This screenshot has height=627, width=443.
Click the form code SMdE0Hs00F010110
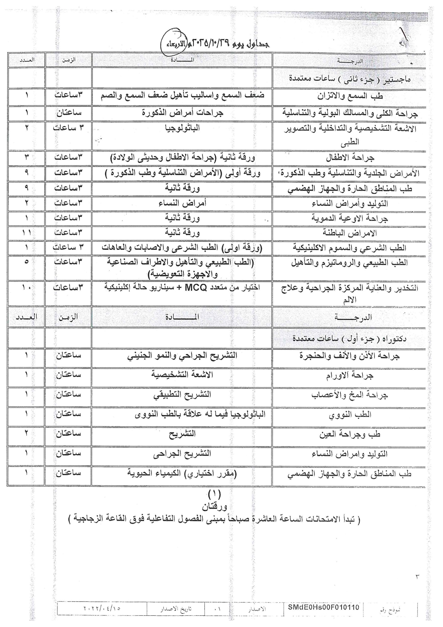[x=324, y=607]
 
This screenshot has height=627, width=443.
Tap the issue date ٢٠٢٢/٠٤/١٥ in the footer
[x=102, y=608]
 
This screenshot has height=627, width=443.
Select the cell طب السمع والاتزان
[x=350, y=96]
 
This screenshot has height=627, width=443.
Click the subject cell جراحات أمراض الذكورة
[x=182, y=112]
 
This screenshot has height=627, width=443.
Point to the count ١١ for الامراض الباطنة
[x=26, y=233]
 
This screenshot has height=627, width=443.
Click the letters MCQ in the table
[x=196, y=288]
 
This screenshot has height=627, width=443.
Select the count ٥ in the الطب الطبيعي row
[x=26, y=262]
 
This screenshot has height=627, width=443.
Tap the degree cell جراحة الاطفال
[x=350, y=158]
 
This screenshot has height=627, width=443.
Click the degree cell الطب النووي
[x=350, y=415]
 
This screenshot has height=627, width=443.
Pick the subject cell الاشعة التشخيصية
[x=182, y=375]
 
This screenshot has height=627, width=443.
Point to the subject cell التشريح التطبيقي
[x=182, y=395]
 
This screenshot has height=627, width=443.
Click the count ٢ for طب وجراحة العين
[x=26, y=433]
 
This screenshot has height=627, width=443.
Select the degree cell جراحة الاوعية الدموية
[x=350, y=218]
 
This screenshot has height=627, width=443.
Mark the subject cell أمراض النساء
[x=182, y=203]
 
